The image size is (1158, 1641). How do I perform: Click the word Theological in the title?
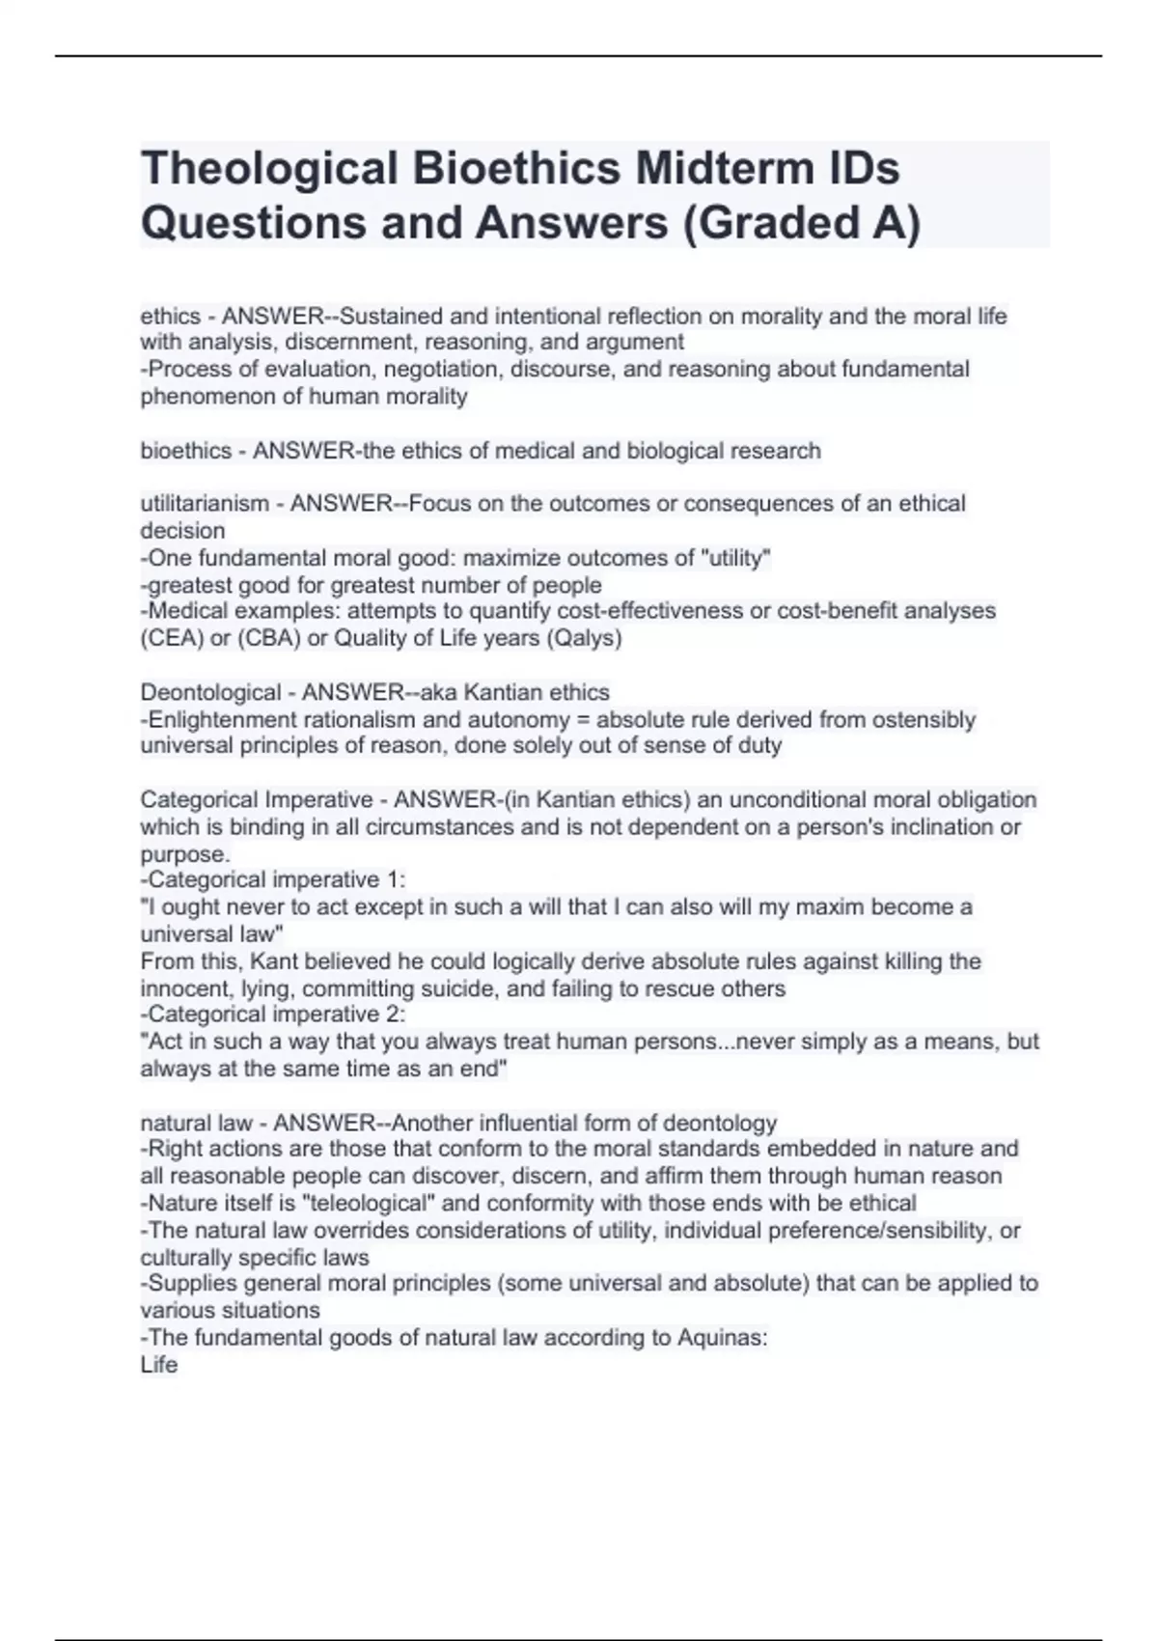point(269,169)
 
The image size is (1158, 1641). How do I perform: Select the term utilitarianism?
point(205,503)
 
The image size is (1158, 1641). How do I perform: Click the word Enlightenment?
point(221,719)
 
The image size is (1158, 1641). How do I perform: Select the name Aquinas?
point(719,1337)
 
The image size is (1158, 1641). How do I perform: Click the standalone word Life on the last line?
point(159,1364)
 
